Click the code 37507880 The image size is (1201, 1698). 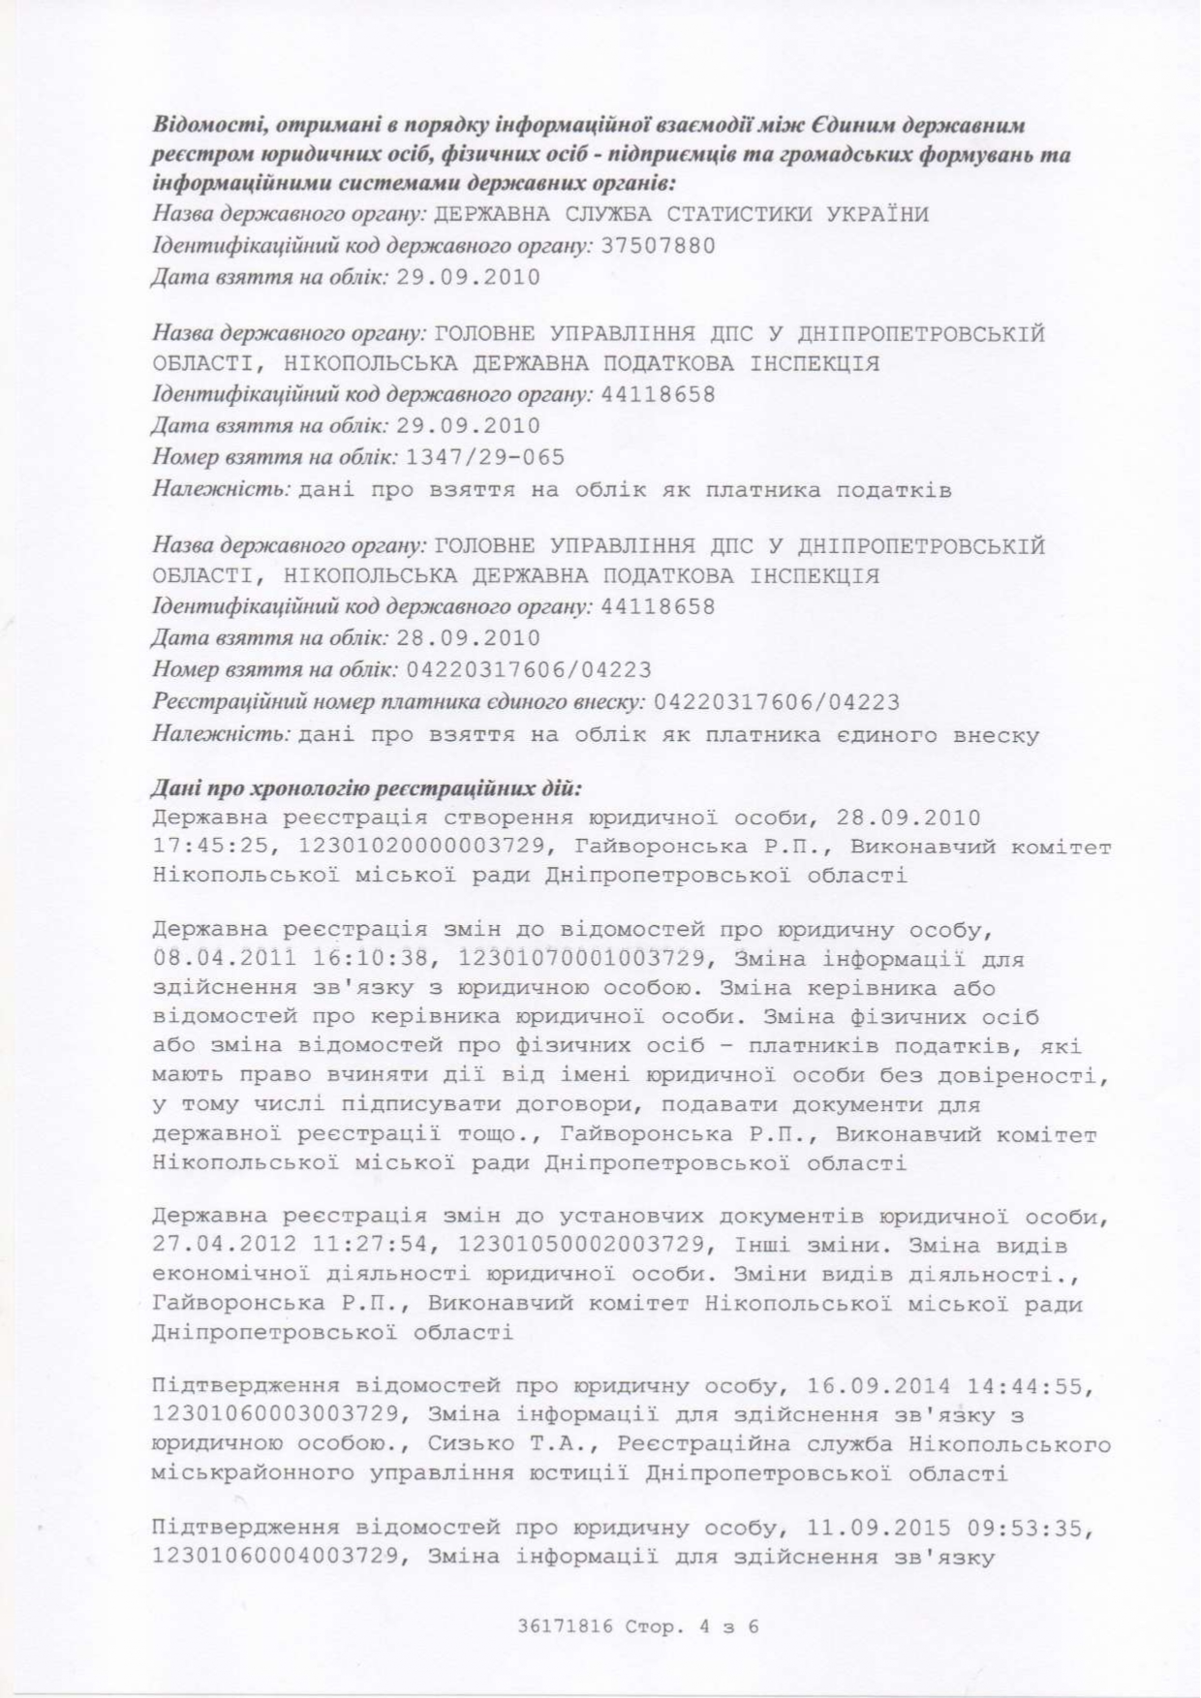658,246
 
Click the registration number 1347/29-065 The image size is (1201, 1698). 485,457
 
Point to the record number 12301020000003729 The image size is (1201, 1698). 422,847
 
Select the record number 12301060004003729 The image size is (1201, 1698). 276,1558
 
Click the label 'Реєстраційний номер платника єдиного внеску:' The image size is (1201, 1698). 398,701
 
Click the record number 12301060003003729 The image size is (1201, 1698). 276,1416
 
